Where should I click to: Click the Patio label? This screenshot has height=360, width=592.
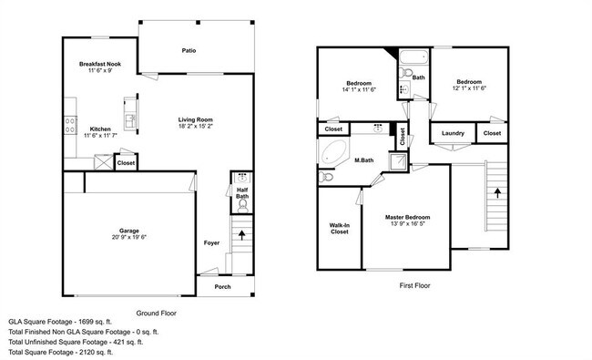point(189,50)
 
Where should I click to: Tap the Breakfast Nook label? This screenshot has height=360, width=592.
point(100,64)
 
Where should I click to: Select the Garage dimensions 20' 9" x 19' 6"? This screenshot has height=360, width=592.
point(129,237)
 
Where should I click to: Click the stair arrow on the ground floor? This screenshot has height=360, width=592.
point(241,235)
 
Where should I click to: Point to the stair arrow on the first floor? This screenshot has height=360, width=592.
point(497,192)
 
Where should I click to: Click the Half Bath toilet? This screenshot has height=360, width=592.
point(243,206)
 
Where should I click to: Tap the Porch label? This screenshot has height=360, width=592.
point(223,287)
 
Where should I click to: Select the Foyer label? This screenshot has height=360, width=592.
point(211,243)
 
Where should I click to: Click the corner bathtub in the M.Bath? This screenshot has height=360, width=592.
point(333,152)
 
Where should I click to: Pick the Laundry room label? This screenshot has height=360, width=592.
point(453,133)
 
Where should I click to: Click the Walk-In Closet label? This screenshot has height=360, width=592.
point(340,229)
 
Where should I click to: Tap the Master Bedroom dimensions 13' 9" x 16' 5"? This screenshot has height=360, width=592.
point(408,223)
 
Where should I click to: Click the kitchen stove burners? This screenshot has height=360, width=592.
point(70,125)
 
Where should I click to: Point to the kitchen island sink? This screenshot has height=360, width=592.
point(130,121)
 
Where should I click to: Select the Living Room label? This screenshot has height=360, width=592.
point(196,119)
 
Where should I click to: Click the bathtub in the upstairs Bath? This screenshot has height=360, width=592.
point(414,57)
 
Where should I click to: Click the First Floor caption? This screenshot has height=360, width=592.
point(414,285)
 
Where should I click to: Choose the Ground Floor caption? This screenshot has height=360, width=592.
point(157,314)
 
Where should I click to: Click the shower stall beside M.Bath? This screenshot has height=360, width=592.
point(398,161)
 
